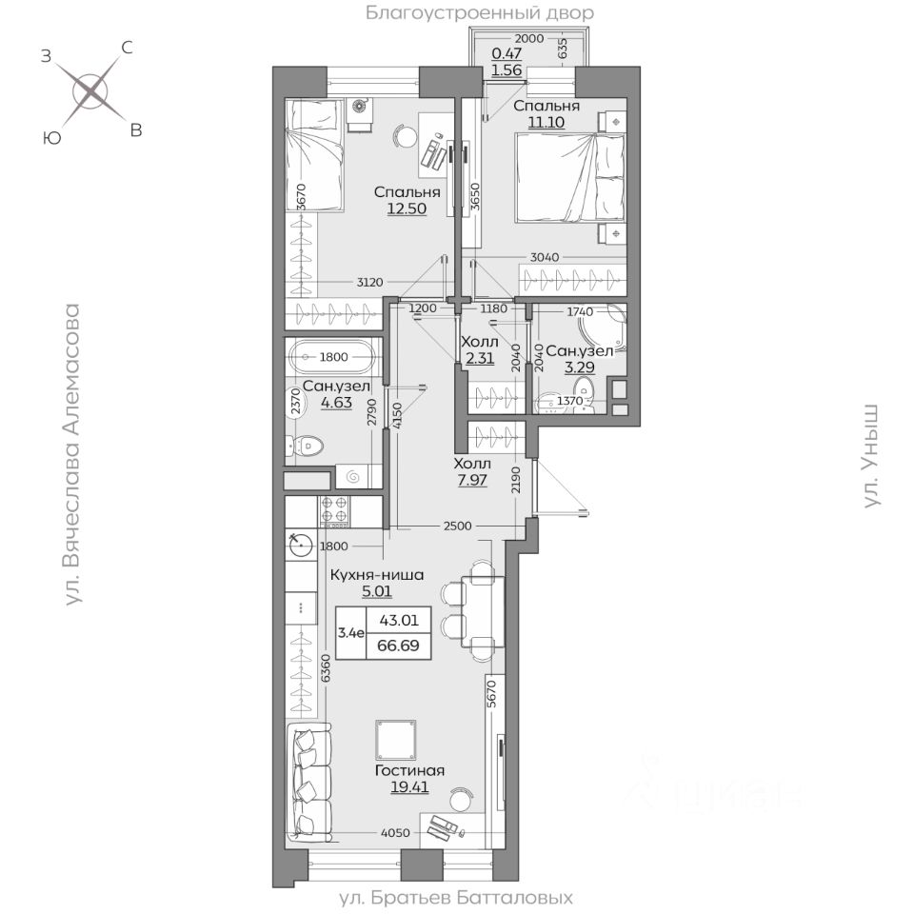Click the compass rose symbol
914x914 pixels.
pyautogui.click(x=90, y=91)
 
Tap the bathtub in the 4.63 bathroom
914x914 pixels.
pyautogui.click(x=333, y=358)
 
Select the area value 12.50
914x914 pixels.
pyautogui.click(x=407, y=209)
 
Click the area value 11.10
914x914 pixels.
pyautogui.click(x=546, y=122)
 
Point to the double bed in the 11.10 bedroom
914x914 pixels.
pyautogui.click(x=570, y=178)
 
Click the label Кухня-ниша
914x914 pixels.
pyautogui.click(x=377, y=575)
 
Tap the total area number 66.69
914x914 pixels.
pyautogui.click(x=398, y=646)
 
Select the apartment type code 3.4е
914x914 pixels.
pyautogui.click(x=351, y=633)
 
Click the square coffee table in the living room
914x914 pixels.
pyautogui.click(x=396, y=739)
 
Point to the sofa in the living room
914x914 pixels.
pyautogui.click(x=308, y=781)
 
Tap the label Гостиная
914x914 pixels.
pyautogui.click(x=409, y=770)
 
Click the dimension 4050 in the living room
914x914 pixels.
pyautogui.click(x=395, y=833)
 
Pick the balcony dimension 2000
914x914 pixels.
pyautogui.click(x=530, y=38)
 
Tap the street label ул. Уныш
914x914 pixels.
pyautogui.click(x=871, y=456)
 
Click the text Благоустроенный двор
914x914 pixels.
pyautogui.click(x=479, y=12)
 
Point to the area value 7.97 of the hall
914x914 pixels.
pyautogui.click(x=472, y=480)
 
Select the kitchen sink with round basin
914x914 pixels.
pyautogui.click(x=301, y=545)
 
